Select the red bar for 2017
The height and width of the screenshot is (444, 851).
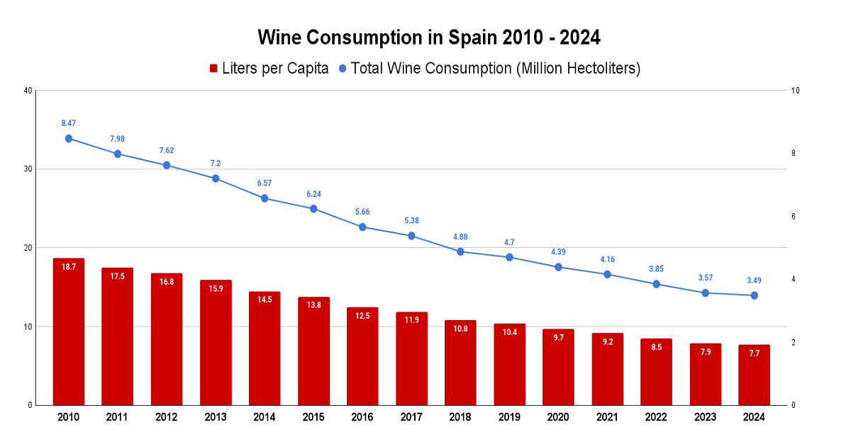tap(411, 359)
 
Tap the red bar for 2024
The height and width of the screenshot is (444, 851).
tap(754, 375)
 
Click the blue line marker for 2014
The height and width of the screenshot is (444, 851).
tap(265, 198)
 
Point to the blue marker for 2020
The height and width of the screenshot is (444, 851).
tap(558, 267)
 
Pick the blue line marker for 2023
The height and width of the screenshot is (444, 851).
tap(705, 292)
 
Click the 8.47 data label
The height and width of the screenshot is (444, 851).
tap(69, 123)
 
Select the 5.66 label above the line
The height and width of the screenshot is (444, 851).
tap(362, 212)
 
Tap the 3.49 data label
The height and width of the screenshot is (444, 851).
tap(754, 280)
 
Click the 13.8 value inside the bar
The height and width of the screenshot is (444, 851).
tap(313, 305)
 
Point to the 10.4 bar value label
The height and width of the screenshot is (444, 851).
tap(509, 332)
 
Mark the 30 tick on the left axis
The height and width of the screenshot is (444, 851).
tap(28, 169)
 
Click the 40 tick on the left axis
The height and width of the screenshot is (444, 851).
tap(28, 91)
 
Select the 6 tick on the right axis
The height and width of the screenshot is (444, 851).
tap(794, 217)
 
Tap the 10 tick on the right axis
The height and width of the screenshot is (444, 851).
tap(796, 91)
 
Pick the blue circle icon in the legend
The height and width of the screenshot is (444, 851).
tap(343, 69)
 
